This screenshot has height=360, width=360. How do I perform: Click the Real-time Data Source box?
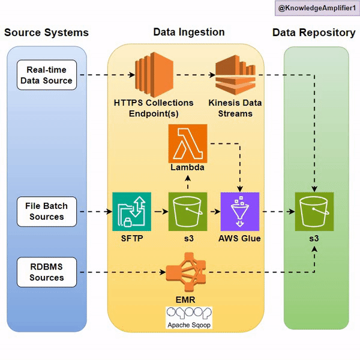[46, 75]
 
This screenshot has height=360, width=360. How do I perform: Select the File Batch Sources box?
[46, 211]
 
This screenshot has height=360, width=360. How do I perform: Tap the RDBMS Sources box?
[46, 272]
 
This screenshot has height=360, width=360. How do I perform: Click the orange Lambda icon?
[187, 143]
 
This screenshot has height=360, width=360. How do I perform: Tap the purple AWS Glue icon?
[239, 211]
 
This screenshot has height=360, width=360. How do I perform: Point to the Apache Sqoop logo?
[189, 317]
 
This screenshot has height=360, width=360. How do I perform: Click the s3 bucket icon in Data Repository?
[314, 211]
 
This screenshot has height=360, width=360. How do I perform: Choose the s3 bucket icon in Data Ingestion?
[187, 211]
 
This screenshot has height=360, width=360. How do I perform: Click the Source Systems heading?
[46, 32]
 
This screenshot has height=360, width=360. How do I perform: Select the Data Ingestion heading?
[189, 32]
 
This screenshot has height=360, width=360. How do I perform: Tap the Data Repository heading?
[314, 32]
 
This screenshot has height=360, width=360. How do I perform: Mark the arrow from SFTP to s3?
[159, 212]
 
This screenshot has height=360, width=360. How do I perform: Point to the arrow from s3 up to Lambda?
[187, 182]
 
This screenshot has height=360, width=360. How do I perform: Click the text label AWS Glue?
[240, 239]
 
